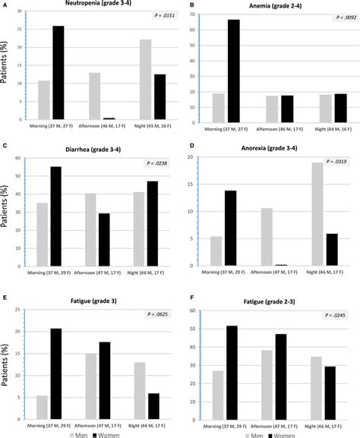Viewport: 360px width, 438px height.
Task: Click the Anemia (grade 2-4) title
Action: (x=281, y=6)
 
